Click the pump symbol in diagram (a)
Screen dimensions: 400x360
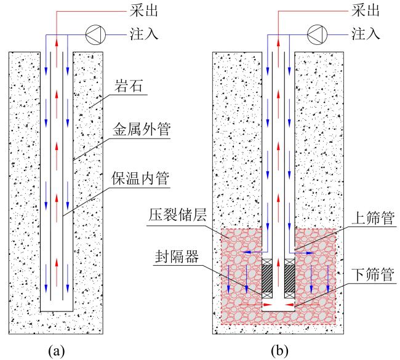tap(95, 34)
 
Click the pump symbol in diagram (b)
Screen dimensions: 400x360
tap(317, 34)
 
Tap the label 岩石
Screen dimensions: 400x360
tap(128, 86)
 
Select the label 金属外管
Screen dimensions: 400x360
tap(142, 129)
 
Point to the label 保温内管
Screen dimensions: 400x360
tap(140, 178)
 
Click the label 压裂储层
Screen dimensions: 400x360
tap(177, 215)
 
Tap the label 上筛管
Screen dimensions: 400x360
tap(373, 218)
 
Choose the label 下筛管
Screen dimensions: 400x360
tap(373, 274)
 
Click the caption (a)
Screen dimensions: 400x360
tap(57, 351)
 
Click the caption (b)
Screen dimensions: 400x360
tap(279, 351)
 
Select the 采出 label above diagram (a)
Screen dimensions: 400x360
tap(144, 11)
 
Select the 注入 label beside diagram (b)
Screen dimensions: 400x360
tap(366, 34)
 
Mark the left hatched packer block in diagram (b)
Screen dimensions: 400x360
tap(267, 278)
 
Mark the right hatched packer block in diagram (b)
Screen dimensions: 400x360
tap(290, 278)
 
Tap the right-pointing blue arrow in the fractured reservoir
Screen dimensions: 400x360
tap(303, 253)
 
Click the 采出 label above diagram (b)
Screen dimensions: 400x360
tap(366, 11)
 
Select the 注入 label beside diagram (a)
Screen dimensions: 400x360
tap(144, 34)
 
